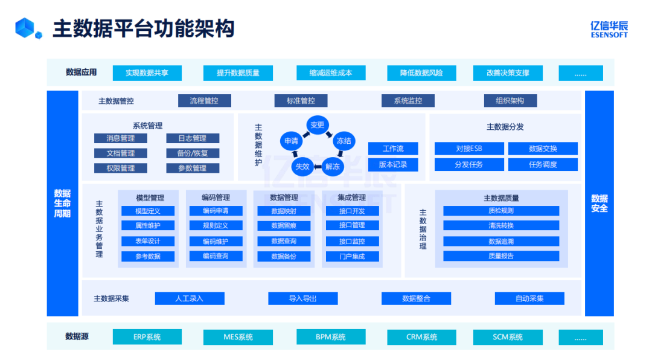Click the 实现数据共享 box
coord(147,73)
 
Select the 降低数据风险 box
coord(421,73)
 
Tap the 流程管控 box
coord(204,101)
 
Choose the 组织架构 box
coord(510,101)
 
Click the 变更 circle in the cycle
coord(317,125)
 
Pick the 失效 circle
coord(301,166)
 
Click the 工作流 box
coord(393,149)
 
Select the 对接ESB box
coord(468,149)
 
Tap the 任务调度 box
coord(543,164)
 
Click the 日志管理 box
coord(193,138)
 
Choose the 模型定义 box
coord(148,211)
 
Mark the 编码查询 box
coord(216,256)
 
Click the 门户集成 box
coord(352,256)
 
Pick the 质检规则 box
coord(501,211)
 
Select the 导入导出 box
coord(302,298)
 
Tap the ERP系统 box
coord(147,337)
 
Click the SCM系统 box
coord(508,337)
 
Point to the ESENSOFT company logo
coord(609,29)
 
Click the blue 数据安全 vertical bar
coord(599,203)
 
